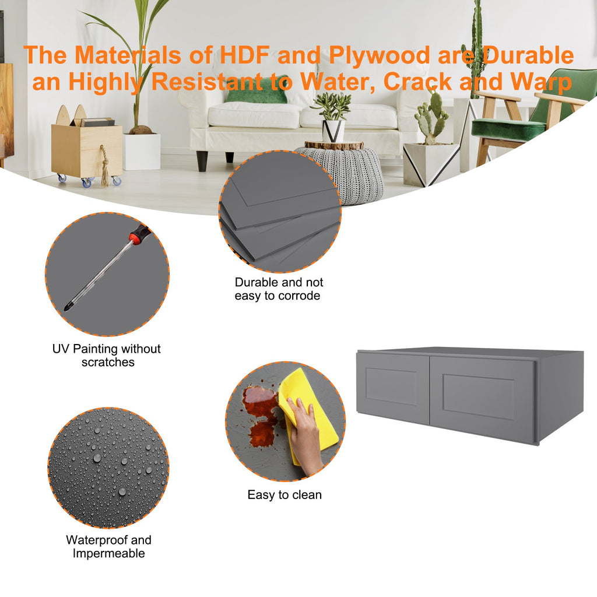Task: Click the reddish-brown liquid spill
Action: click(261, 415)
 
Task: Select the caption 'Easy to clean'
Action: click(285, 495)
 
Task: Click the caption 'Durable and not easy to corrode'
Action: click(278, 289)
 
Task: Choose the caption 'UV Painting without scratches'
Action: click(107, 355)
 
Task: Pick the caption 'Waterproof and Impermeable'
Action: click(108, 547)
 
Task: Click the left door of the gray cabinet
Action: click(392, 387)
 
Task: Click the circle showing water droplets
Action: click(108, 468)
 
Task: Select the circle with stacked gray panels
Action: click(280, 211)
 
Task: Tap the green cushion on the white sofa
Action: click(256, 94)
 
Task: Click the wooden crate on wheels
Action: click(87, 152)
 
